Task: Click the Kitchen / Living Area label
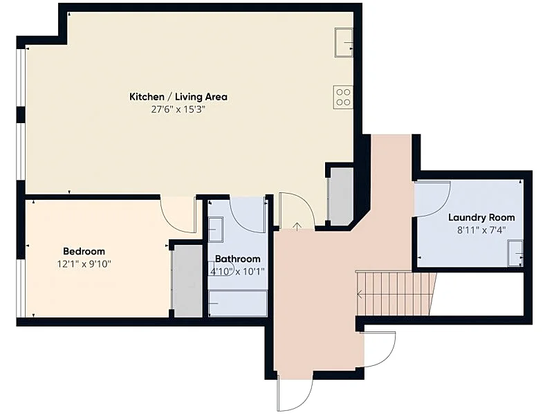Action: pyautogui.click(x=178, y=97)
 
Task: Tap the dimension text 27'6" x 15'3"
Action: pyautogui.click(x=178, y=110)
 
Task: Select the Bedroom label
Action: pyautogui.click(x=84, y=251)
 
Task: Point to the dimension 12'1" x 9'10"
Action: pyautogui.click(x=84, y=264)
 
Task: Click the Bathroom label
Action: pyautogui.click(x=238, y=259)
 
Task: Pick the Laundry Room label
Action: pyautogui.click(x=481, y=218)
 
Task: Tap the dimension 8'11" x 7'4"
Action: pyautogui.click(x=481, y=230)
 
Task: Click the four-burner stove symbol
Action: pyautogui.click(x=343, y=98)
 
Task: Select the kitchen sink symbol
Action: pyautogui.click(x=344, y=42)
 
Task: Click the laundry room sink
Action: pyautogui.click(x=515, y=253)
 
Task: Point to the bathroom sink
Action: pyautogui.click(x=216, y=230)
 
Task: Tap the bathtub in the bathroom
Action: pyautogui.click(x=238, y=304)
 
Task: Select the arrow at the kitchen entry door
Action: pyautogui.click(x=297, y=226)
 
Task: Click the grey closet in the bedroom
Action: pyautogui.click(x=187, y=281)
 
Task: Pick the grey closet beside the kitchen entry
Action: pyautogui.click(x=342, y=196)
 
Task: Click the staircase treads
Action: pyautogui.click(x=396, y=294)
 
